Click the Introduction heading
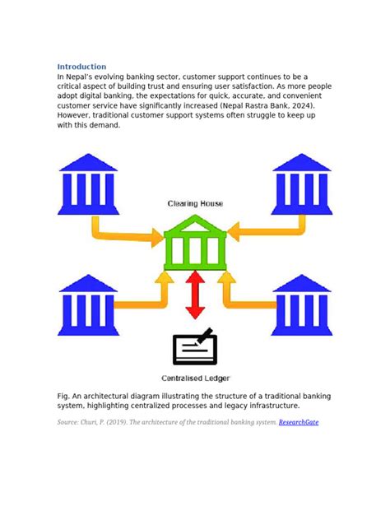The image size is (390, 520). pyautogui.click(x=81, y=67)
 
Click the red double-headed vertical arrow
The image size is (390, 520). pyautogui.click(x=195, y=295)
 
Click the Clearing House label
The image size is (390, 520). pyautogui.click(x=195, y=203)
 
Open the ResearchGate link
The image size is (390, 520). pyautogui.click(x=299, y=422)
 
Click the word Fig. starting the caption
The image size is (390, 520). pyautogui.click(x=64, y=396)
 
